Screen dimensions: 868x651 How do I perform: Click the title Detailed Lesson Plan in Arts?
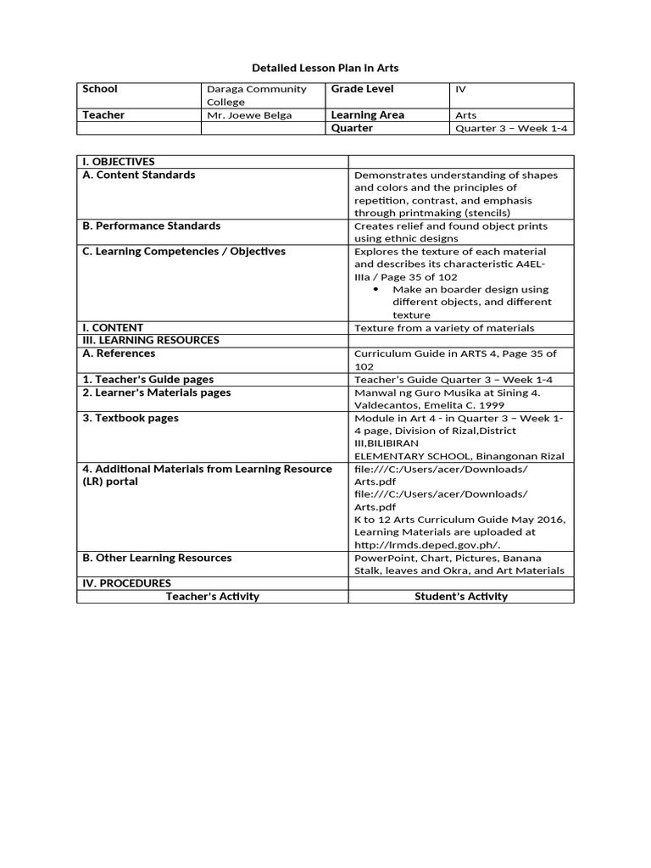[325, 67]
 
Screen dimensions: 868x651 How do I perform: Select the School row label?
[100, 89]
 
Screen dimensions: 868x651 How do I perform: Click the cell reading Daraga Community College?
[257, 96]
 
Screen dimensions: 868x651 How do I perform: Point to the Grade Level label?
[362, 89]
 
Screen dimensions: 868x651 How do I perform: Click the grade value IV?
[461, 89]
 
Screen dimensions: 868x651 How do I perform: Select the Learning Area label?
[367, 115]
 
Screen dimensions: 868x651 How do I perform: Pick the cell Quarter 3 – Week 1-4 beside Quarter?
[510, 129]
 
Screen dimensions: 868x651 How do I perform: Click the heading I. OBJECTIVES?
[118, 162]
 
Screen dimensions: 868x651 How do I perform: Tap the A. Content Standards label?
[138, 175]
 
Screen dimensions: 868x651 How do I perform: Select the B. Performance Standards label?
[151, 225]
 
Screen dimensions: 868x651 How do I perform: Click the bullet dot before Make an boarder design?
[376, 290]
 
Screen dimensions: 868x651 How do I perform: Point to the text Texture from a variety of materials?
[444, 328]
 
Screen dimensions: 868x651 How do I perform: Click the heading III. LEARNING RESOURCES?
[150, 340]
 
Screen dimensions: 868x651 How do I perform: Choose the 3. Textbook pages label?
[130, 418]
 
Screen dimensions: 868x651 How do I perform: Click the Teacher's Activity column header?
[212, 596]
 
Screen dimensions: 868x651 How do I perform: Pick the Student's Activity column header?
[461, 596]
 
